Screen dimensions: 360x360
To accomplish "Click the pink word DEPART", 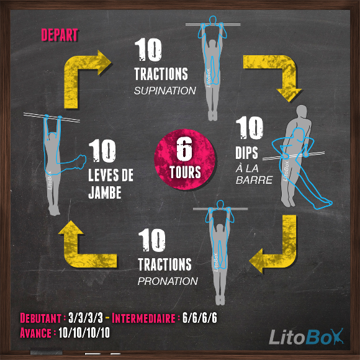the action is tap(60, 35).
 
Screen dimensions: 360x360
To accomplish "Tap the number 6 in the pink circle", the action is tap(184, 149).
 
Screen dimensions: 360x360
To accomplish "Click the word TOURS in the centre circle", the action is tap(185, 172).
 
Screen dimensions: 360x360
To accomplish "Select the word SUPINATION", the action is tap(165, 91).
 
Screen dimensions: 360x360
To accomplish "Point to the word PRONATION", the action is tap(168, 281).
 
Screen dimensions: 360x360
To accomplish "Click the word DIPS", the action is tap(246, 153).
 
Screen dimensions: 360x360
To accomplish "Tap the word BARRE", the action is tap(254, 180).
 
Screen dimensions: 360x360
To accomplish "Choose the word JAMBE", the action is tap(105, 192).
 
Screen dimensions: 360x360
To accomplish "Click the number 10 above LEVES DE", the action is tap(102, 151).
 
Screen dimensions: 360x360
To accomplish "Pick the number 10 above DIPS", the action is tap(250, 128).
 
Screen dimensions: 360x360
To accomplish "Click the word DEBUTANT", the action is tap(40, 318).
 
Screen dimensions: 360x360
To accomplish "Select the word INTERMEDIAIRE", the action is tap(143, 318).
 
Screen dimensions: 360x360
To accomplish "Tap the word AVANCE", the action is tap(35, 333).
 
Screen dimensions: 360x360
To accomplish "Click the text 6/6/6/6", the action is tap(199, 318).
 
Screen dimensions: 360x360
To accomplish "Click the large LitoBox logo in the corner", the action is tap(306, 336).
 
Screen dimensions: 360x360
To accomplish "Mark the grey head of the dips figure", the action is tap(302, 112).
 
